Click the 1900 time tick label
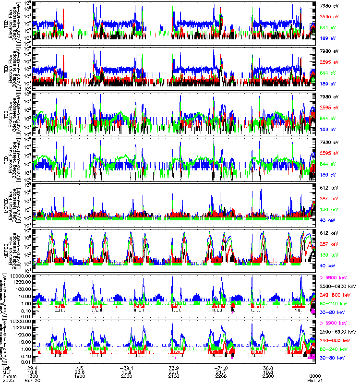click(80, 375)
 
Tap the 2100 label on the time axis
click(174, 375)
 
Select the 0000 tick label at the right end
click(315, 375)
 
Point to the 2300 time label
click(268, 375)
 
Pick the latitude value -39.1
click(126, 368)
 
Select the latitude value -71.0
click(221, 368)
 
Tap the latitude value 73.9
click(174, 368)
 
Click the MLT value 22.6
click(80, 372)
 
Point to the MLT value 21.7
click(221, 372)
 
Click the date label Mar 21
click(315, 380)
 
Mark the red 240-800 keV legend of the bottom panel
click(335, 341)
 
